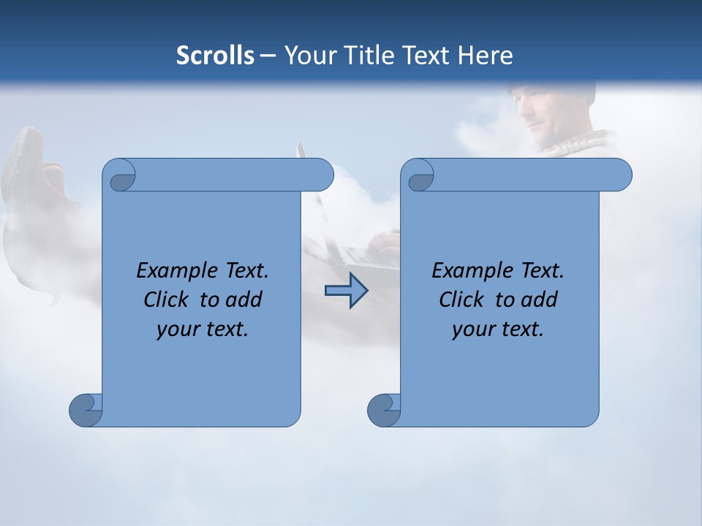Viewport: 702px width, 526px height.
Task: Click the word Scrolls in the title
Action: point(215,55)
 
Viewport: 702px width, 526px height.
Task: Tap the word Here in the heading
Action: point(485,55)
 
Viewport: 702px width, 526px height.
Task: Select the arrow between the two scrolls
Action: point(346,291)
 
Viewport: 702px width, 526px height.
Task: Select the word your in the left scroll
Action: point(176,329)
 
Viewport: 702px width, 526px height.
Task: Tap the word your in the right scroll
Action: point(472,329)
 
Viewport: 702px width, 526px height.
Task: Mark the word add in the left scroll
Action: point(245,300)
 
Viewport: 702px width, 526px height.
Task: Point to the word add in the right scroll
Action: point(540,300)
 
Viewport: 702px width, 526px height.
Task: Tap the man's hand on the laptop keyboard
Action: point(383,241)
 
